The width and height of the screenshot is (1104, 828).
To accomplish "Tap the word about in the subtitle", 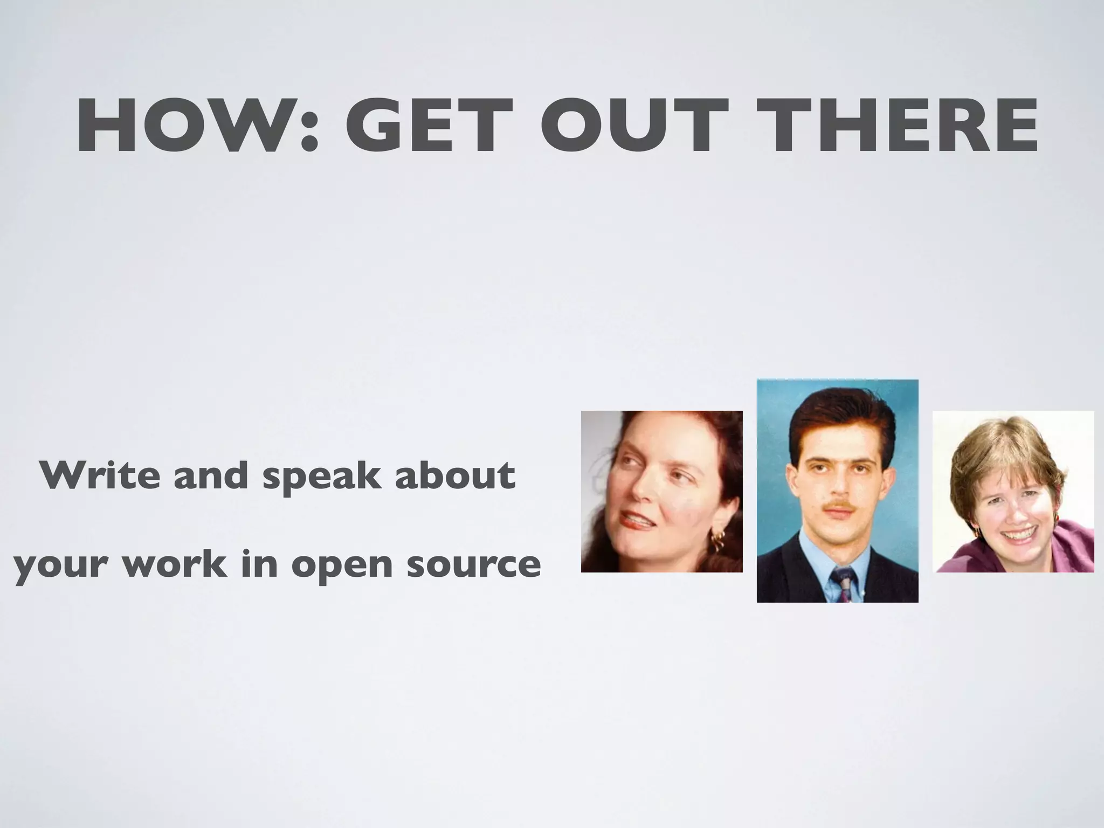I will click(454, 475).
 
